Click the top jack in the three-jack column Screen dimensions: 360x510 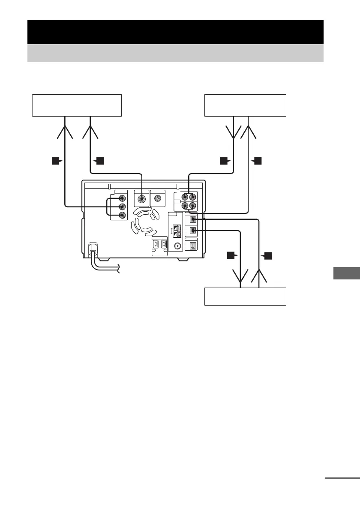click(x=123, y=198)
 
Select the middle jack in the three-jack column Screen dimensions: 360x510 click(x=123, y=207)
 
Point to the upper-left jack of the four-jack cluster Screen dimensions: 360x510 click(x=185, y=198)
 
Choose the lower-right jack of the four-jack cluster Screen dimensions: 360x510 click(x=193, y=206)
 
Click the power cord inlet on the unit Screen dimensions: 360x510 click(x=92, y=248)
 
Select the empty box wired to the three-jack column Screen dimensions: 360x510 click(x=77, y=105)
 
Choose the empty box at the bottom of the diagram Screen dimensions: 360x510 click(x=245, y=297)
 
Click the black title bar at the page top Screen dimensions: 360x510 click(x=175, y=32)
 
